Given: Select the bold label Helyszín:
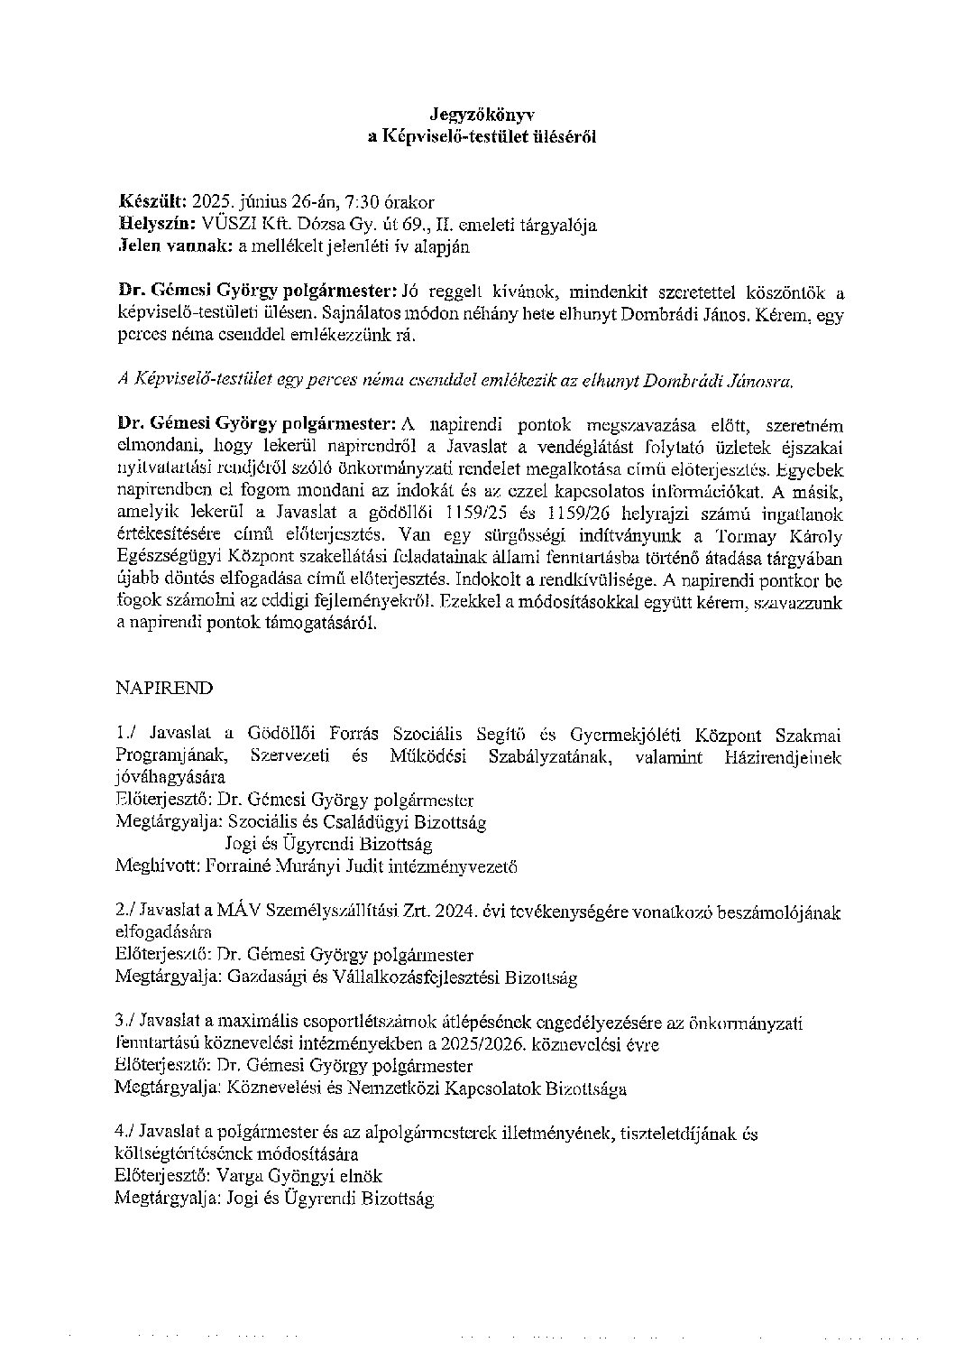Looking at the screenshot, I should pyautogui.click(x=159, y=223).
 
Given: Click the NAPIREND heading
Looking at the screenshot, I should pyautogui.click(x=164, y=688).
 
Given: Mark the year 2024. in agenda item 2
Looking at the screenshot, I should pyautogui.click(x=454, y=912).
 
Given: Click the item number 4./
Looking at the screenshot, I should pyautogui.click(x=125, y=1132).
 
